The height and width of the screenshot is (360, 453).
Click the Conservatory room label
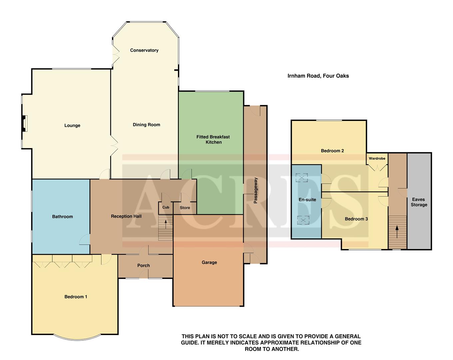(x=144, y=50)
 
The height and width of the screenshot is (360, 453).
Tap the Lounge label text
(x=72, y=126)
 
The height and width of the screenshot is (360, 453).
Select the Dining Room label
(x=146, y=125)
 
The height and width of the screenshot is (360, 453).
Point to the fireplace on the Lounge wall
(x=25, y=123)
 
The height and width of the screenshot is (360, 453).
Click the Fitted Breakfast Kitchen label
(x=213, y=139)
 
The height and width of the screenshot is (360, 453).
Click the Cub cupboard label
(x=166, y=207)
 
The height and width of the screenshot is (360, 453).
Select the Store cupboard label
(x=185, y=208)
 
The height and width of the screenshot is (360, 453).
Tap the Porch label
(x=144, y=266)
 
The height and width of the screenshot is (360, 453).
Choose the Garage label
(x=209, y=262)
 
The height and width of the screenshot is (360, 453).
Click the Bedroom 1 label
(x=76, y=297)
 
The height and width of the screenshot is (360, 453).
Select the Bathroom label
(x=62, y=217)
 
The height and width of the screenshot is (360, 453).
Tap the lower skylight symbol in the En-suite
(x=303, y=220)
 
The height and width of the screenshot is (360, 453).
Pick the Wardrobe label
(x=377, y=158)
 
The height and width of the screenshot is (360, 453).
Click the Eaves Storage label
(x=419, y=202)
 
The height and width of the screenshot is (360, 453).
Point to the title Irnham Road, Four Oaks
(x=318, y=76)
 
